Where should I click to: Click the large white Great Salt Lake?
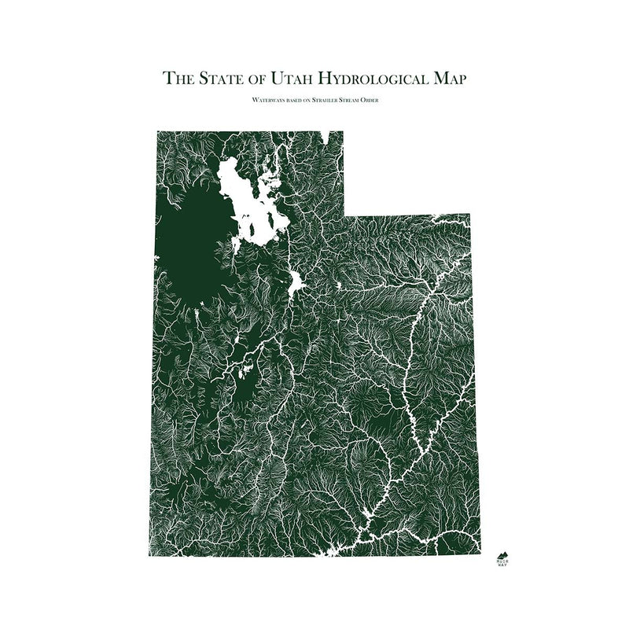click(250, 200)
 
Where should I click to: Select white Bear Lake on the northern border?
click(324, 137)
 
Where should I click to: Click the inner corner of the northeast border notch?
click(344, 214)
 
